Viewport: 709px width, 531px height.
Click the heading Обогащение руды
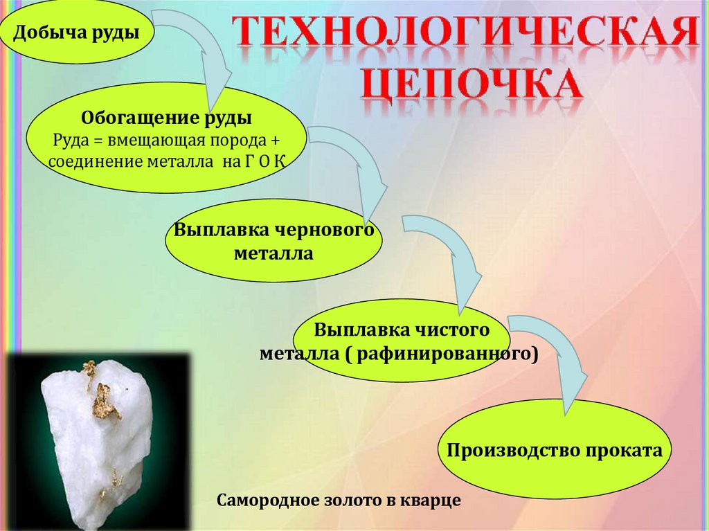[166, 118]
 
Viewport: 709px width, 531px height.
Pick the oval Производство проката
[555, 451]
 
